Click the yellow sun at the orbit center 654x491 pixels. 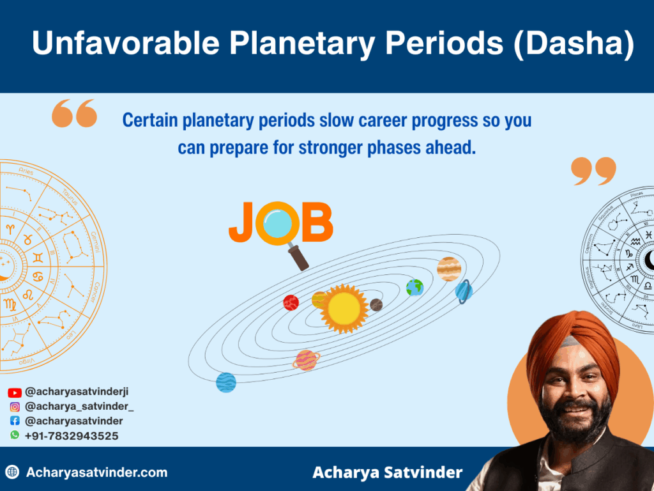tap(344, 308)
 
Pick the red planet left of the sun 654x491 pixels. tap(291, 302)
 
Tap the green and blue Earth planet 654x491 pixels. tap(414, 287)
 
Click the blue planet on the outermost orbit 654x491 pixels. tap(226, 382)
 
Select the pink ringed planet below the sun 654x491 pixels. tap(307, 360)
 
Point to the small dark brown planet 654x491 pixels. tap(376, 305)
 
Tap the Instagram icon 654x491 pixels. tap(14, 407)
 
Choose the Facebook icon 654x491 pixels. tap(14, 421)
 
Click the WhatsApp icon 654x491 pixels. tap(14, 435)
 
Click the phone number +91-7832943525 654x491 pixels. tap(72, 436)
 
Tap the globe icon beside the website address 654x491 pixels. tap(12, 473)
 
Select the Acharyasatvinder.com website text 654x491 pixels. tap(96, 473)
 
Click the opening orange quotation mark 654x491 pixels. tap(74, 114)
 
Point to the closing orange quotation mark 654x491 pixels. tap(593, 171)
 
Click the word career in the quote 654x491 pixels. tap(392, 121)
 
